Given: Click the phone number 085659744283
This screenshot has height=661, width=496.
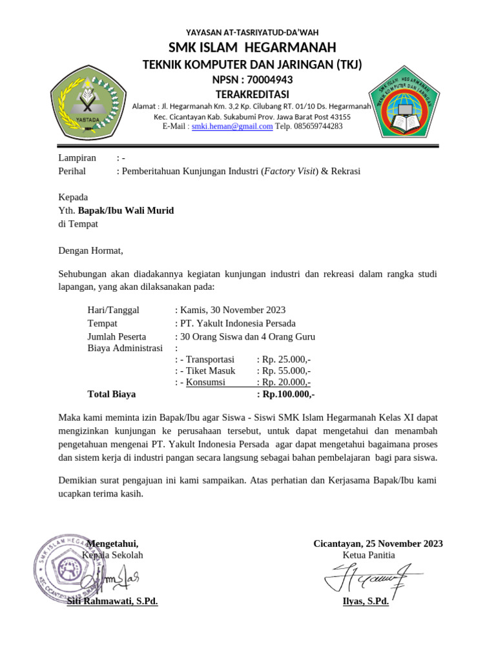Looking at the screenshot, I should (x=318, y=127).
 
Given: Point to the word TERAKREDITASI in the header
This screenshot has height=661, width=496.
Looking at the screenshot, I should (x=252, y=95).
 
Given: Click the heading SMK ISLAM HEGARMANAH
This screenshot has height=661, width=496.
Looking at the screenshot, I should (x=252, y=48).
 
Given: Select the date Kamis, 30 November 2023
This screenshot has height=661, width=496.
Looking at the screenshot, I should (x=233, y=310).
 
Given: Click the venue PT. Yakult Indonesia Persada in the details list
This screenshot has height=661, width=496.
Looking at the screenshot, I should (x=238, y=323).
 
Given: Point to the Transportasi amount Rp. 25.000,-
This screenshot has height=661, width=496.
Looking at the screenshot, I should (x=284, y=359).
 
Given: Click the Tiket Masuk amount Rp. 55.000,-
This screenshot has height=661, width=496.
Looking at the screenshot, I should (x=284, y=371).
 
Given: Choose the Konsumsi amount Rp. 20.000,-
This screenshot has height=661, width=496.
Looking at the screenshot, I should (x=284, y=382).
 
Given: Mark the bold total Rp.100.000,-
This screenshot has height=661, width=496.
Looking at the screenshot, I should (x=285, y=394).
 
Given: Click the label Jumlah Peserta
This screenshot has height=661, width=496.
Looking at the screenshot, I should (x=117, y=336).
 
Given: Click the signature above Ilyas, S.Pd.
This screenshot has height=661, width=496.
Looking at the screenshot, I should (x=370, y=576).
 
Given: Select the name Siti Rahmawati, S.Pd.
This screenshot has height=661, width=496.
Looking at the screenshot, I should (x=113, y=602).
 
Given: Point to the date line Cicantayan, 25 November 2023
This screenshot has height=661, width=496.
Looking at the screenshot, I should (x=378, y=544).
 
